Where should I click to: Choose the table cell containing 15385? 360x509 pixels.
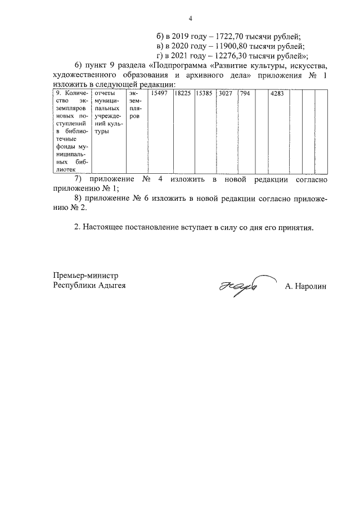204,93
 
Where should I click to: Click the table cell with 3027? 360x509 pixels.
225,93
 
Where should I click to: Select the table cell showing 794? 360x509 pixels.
245,93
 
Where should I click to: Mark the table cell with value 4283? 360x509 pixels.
277,93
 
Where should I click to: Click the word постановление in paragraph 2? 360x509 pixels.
148,228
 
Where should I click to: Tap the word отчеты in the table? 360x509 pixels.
105,93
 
